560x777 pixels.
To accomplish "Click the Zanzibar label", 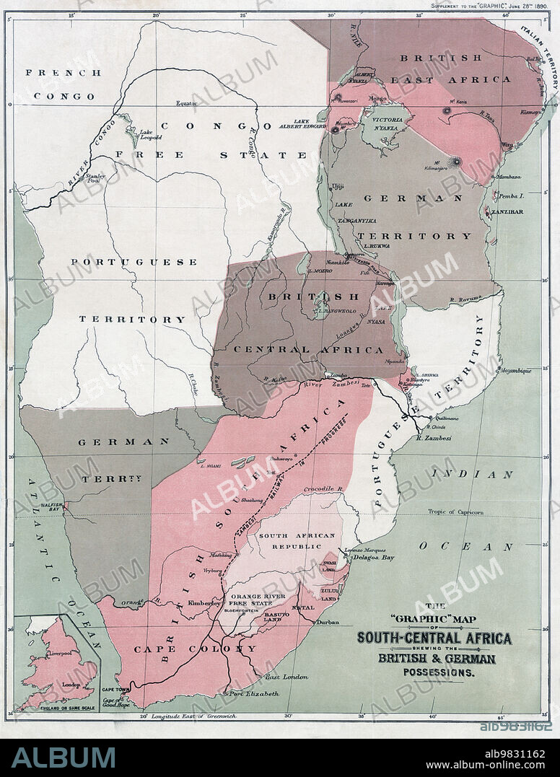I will pyautogui.click(x=509, y=211).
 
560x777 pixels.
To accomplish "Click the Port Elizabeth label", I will pyautogui.click(x=254, y=694).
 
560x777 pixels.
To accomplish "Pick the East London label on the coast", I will pyautogui.click(x=286, y=677).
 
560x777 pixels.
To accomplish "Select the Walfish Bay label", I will pyautogui.click(x=53, y=505).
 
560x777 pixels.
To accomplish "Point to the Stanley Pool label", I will pyautogui.click(x=95, y=177).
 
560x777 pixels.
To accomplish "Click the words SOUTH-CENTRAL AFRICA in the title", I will pyautogui.click(x=434, y=638).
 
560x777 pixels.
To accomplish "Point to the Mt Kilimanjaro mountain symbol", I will pyautogui.click(x=456, y=162).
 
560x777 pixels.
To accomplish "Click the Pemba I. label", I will pyautogui.click(x=509, y=196).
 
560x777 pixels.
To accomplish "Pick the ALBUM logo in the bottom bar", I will pyautogui.click(x=64, y=758).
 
